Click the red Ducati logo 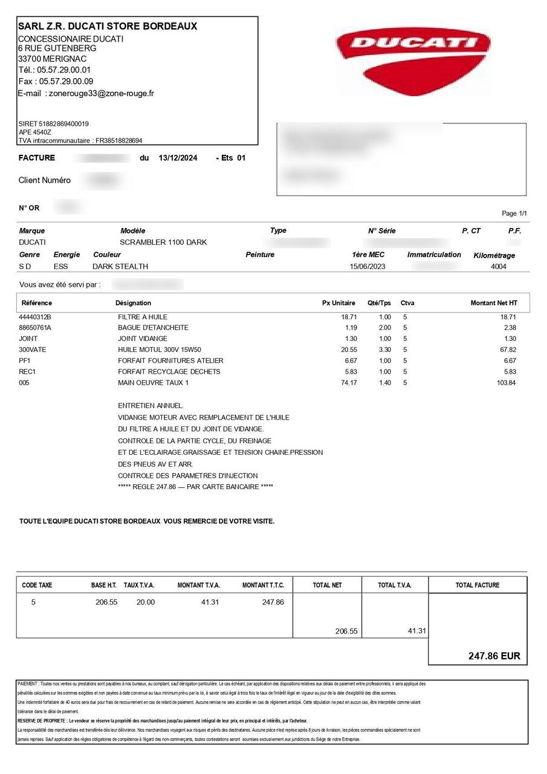click(413, 55)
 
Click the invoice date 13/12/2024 click(178, 158)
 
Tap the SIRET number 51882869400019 click(63, 124)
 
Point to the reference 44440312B click(36, 317)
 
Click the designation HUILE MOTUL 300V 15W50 click(160, 350)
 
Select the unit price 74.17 click(349, 383)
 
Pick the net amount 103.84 click(507, 383)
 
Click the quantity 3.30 click(384, 350)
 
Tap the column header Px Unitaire click(338, 303)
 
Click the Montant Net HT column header click(494, 303)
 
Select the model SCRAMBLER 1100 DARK click(163, 242)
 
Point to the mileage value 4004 click(499, 267)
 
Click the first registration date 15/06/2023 click(367, 267)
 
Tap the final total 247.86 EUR click(494, 656)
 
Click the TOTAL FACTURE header click(477, 585)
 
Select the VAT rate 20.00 click(145, 602)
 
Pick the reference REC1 click(27, 372)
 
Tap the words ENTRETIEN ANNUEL click(151, 406)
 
